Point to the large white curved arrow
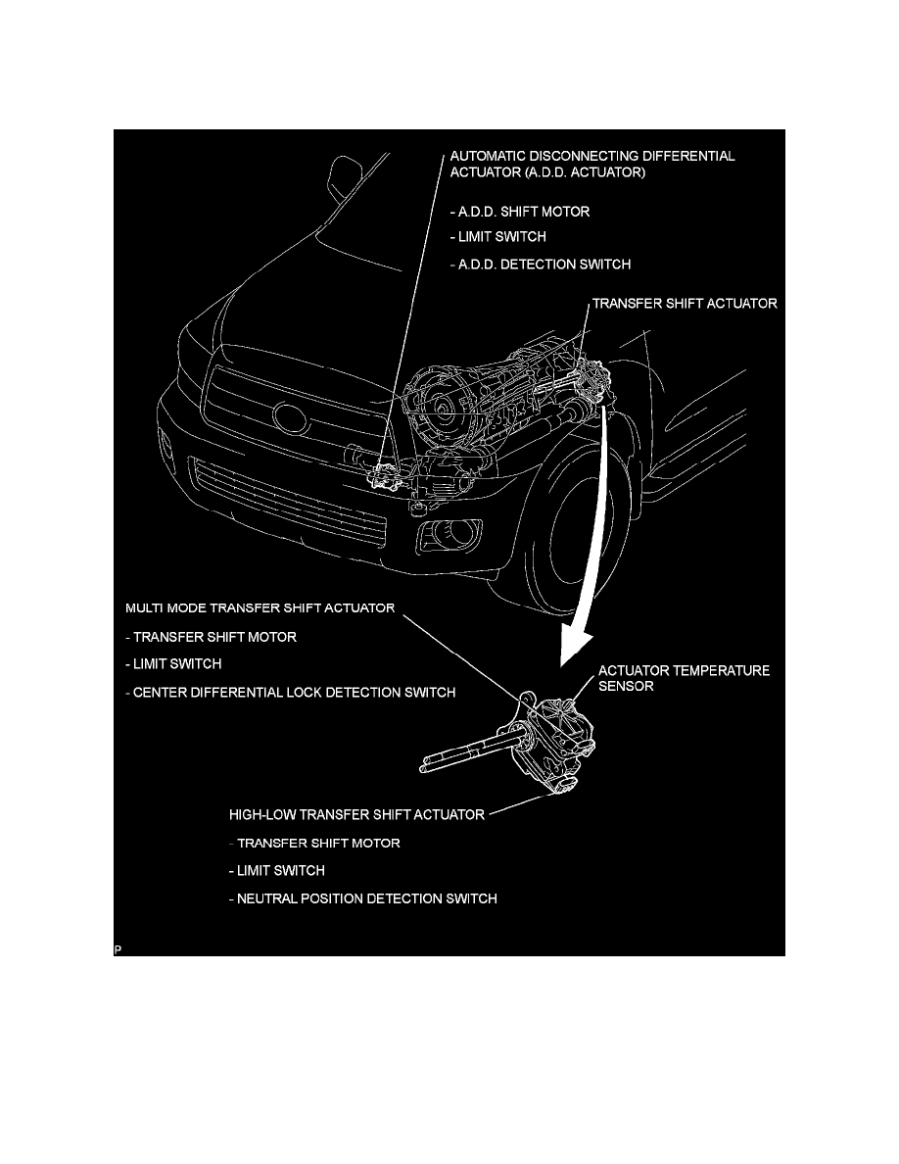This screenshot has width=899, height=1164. pos(588,549)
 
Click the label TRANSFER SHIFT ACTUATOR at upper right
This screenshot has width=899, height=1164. pos(685,304)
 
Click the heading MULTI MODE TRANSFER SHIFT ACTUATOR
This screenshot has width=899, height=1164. pos(260,608)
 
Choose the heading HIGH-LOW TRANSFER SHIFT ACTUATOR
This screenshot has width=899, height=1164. pos(356,814)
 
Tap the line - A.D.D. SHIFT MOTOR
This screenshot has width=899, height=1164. pos(519,212)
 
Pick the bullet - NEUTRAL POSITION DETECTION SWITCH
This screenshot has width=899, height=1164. pos(361,898)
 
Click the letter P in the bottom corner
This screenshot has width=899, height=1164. pos(118,948)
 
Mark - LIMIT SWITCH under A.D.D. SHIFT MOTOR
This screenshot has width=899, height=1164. pos(497,237)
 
